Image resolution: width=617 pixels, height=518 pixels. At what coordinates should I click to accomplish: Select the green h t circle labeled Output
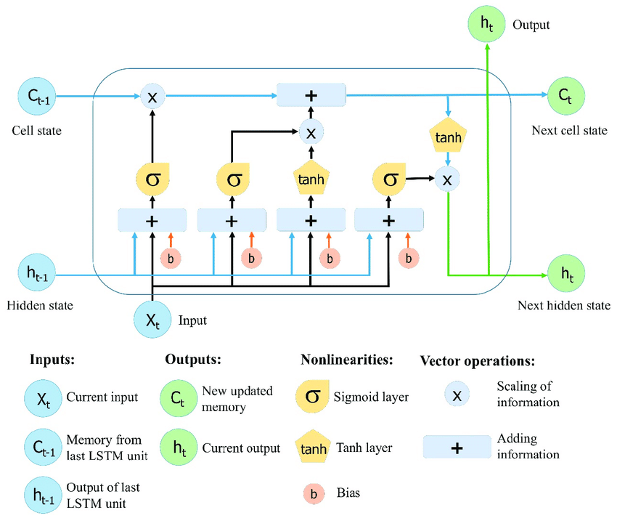coord(486,24)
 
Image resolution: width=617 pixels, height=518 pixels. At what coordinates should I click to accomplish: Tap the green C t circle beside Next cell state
coord(564,95)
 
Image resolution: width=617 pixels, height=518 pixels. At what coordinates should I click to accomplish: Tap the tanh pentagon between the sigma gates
coord(311,179)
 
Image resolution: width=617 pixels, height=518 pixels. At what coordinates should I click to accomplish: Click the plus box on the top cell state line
coord(311,95)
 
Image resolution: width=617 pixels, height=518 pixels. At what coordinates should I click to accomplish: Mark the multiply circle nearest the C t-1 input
coord(152,97)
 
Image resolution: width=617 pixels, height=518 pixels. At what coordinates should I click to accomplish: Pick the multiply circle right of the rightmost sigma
coord(447,179)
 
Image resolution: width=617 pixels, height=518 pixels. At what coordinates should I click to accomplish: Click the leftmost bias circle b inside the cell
coord(171,258)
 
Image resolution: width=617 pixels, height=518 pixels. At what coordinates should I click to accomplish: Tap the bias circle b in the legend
coord(313,493)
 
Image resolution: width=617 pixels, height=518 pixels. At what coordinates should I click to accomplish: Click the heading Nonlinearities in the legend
coord(346,360)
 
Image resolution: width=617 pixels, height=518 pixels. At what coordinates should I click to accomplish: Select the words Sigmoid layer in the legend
coord(371,397)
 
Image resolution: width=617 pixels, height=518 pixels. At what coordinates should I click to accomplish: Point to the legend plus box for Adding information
coord(456,448)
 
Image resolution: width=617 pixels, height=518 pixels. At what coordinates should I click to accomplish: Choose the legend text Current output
coord(241,448)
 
